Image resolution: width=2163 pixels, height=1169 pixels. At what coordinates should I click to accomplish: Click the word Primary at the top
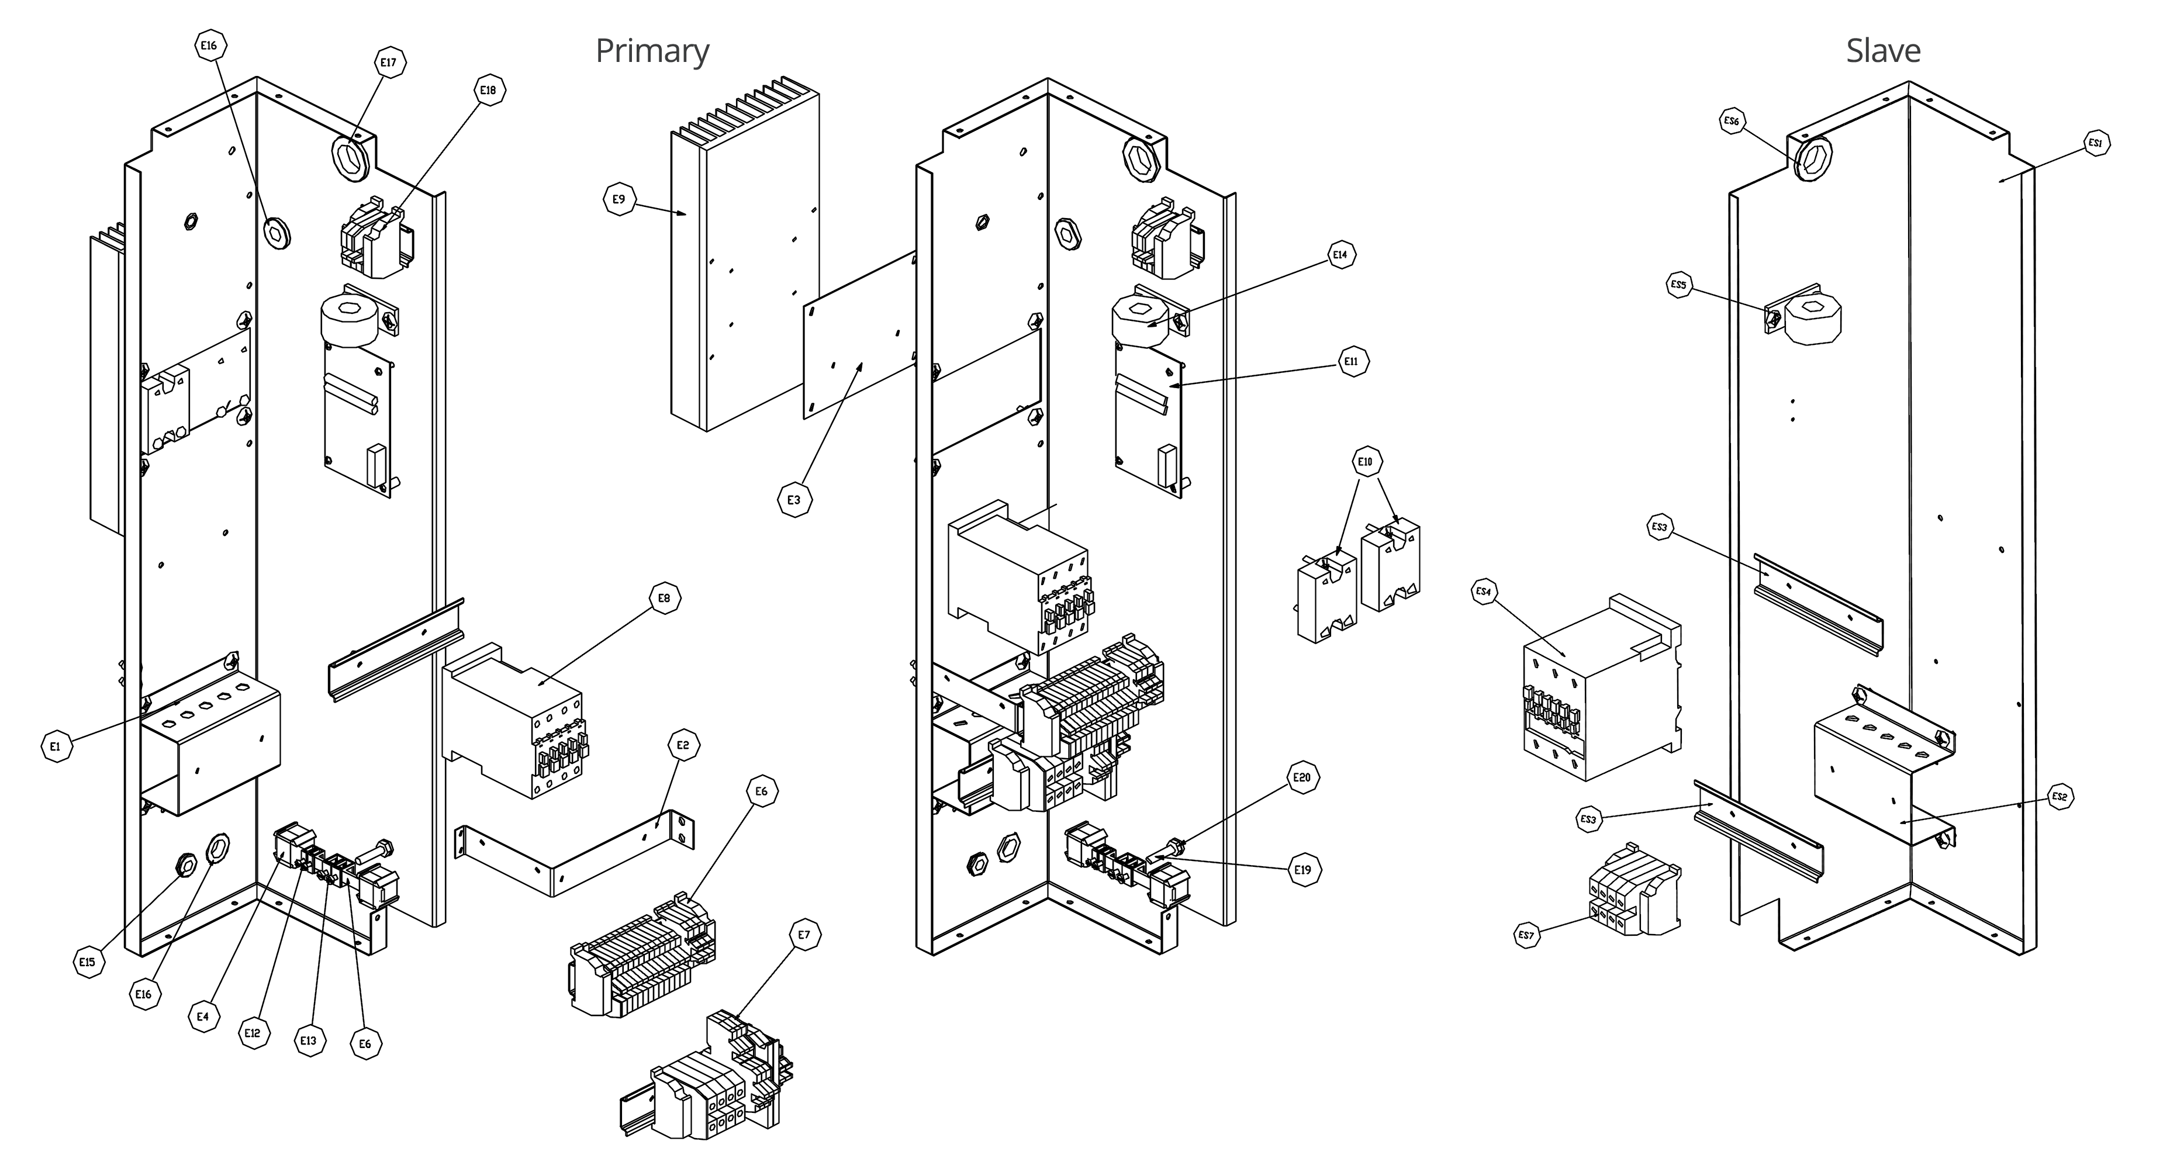click(652, 51)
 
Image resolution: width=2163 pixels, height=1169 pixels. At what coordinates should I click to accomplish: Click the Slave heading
click(1882, 51)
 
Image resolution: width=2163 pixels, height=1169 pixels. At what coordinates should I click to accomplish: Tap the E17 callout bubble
click(388, 62)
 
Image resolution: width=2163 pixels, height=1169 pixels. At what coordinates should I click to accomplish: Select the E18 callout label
click(489, 90)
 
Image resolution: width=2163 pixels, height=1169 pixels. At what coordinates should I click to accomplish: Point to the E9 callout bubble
click(619, 200)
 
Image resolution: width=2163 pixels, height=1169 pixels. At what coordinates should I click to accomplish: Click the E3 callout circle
click(794, 500)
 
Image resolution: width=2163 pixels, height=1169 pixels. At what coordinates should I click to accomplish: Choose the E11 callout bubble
click(1351, 362)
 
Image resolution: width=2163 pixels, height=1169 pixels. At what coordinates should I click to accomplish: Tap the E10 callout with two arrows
click(1365, 462)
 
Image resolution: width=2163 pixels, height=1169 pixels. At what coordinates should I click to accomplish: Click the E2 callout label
click(683, 745)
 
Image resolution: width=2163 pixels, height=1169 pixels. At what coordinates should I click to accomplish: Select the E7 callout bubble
click(804, 935)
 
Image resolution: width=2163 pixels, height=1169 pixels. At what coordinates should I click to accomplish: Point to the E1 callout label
click(56, 746)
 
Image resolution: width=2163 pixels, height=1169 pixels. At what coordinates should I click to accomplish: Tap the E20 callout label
click(1301, 777)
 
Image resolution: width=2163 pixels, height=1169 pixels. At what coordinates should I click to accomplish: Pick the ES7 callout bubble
click(1526, 936)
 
